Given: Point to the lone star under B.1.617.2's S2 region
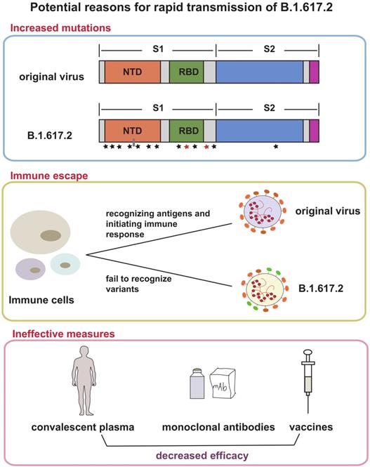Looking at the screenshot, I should (x=276, y=147).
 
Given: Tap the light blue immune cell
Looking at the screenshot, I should (x=65, y=265).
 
